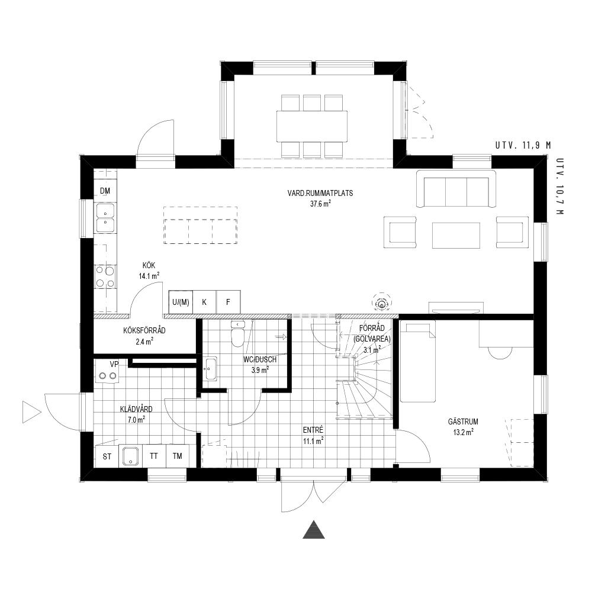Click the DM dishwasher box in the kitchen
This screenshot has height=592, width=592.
[x=105, y=191]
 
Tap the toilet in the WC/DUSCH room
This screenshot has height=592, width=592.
[x=238, y=334]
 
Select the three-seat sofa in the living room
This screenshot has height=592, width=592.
[x=456, y=189]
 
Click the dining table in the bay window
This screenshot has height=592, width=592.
[x=312, y=126]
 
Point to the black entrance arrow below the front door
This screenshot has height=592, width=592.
[x=314, y=530]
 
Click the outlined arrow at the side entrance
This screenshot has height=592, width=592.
[x=31, y=412]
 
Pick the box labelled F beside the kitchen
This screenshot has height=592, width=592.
[x=228, y=302]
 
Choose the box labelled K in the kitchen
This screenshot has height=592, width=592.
[x=204, y=302]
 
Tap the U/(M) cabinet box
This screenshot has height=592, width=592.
[x=181, y=302]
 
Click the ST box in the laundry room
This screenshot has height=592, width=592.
[x=107, y=456]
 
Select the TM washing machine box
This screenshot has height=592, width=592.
[x=178, y=456]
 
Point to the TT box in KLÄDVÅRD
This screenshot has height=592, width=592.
[x=154, y=456]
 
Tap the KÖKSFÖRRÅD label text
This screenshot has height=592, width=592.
[x=144, y=331]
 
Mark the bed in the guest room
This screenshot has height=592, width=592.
[x=418, y=361]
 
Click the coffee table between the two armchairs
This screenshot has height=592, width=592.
[x=456, y=235]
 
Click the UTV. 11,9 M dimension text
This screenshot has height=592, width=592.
[x=523, y=146]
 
